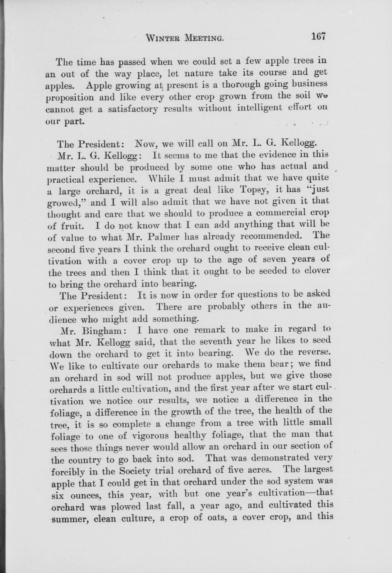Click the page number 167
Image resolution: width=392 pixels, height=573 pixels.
tap(318, 36)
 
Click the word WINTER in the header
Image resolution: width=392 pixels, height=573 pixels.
tap(163, 39)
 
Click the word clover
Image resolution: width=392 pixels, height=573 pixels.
tap(317, 271)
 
